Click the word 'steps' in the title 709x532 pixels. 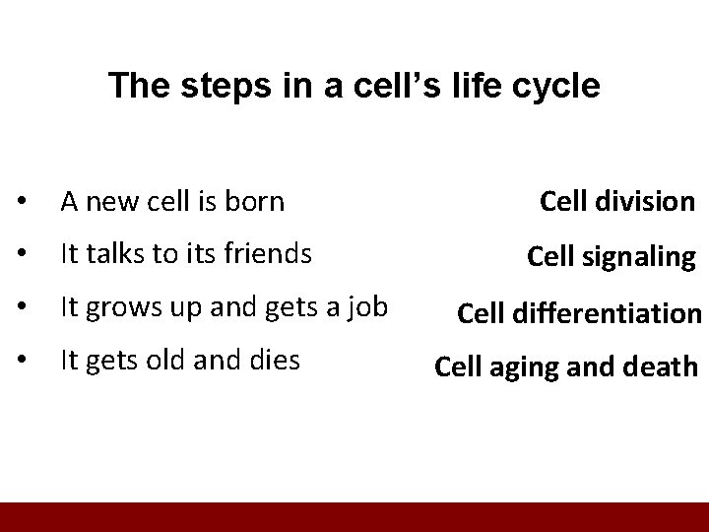[x=215, y=86]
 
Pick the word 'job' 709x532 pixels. [x=365, y=309]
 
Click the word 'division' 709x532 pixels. [x=644, y=202]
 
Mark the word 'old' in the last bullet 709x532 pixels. [x=162, y=362]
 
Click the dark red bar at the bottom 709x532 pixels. [x=354, y=516]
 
